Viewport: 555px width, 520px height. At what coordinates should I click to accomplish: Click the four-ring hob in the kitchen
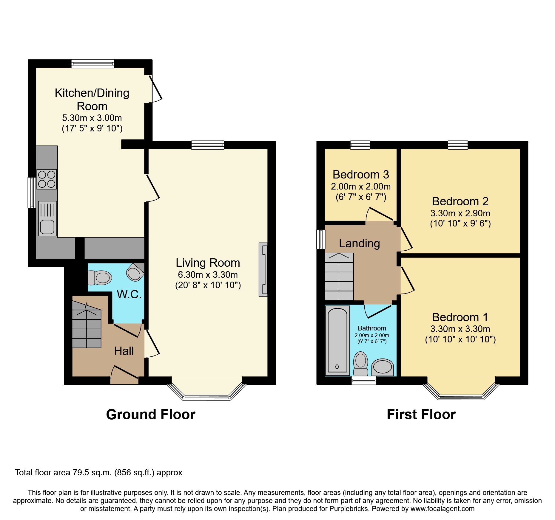point(47,179)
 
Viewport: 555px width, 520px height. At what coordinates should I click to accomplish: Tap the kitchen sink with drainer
point(47,218)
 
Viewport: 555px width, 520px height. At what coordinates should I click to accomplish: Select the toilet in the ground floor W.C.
point(100,278)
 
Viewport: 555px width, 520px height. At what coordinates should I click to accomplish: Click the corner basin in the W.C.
point(135,272)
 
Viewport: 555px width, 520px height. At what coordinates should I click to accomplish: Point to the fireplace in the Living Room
point(263,270)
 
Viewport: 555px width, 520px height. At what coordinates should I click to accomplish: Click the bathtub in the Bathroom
point(337,341)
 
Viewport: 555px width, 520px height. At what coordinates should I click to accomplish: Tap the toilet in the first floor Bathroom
point(360,364)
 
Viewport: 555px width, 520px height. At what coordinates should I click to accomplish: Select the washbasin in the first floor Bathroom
point(383,367)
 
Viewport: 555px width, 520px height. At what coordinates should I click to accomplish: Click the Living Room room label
point(208,263)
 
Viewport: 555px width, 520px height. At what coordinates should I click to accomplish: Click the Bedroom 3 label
point(361,175)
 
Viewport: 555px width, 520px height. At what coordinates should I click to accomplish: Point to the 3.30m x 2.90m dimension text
point(460,213)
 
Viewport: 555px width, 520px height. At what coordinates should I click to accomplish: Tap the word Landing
point(359,243)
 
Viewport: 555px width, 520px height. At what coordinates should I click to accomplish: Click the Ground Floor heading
point(151,415)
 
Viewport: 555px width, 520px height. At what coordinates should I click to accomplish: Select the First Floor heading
point(421,415)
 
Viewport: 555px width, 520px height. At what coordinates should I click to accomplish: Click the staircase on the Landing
point(339,277)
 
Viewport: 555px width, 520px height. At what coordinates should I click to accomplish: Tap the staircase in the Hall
point(87,326)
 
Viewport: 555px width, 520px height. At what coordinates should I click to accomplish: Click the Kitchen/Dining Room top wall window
point(93,63)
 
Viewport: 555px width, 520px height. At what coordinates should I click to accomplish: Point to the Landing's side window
point(321,239)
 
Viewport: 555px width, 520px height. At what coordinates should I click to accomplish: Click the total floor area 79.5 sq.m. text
point(98,473)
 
